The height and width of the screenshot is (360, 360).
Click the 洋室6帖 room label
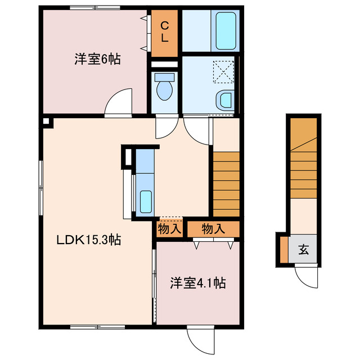[97, 58]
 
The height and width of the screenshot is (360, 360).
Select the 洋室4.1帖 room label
[198, 283]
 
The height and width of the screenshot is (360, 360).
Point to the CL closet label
[165, 32]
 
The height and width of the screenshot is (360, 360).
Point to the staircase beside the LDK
[226, 183]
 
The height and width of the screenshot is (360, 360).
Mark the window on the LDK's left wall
[40, 187]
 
